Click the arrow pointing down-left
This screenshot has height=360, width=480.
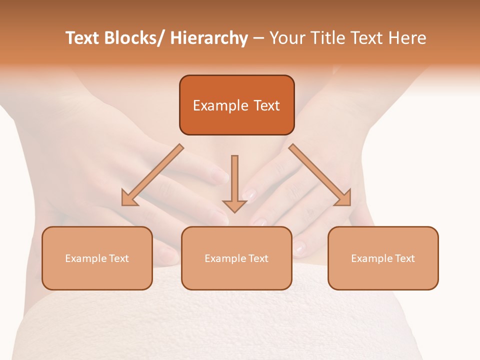click(153, 175)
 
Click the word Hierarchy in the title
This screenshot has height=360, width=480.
click(208, 38)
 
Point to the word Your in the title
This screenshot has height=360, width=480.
click(286, 38)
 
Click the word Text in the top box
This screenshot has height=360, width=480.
click(266, 105)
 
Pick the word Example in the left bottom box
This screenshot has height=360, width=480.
click(84, 258)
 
